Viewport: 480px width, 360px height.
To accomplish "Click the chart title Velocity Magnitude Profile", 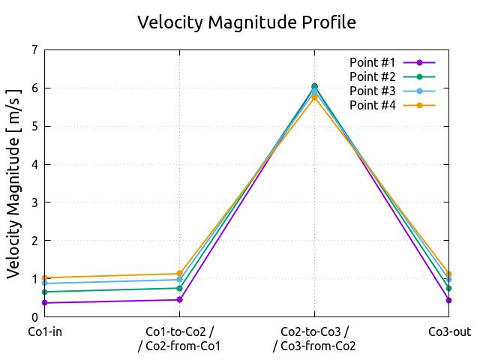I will (246, 22).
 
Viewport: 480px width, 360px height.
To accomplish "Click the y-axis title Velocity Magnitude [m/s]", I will (14, 183).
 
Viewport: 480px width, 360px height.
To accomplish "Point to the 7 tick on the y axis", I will (34, 50).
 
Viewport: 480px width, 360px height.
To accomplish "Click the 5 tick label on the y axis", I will (34, 126).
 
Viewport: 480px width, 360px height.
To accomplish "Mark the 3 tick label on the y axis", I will (34, 202).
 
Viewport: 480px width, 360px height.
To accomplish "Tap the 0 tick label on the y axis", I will (34, 317).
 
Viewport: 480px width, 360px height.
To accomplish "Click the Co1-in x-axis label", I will (45, 331).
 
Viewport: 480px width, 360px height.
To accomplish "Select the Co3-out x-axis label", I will (449, 331).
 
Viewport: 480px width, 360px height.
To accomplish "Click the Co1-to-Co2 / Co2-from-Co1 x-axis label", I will (179, 338).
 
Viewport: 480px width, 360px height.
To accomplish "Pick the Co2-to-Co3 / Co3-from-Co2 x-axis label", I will (314, 338).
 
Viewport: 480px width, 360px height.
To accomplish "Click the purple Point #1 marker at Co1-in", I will (45, 303).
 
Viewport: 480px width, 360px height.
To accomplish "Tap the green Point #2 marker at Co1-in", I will (45, 292).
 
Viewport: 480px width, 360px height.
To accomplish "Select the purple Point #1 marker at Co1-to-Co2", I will (179, 300).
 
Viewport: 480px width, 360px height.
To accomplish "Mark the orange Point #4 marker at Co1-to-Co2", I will (179, 274).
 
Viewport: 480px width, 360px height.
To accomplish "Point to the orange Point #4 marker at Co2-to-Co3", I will (314, 97).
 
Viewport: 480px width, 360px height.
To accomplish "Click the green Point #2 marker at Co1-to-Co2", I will (179, 288).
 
